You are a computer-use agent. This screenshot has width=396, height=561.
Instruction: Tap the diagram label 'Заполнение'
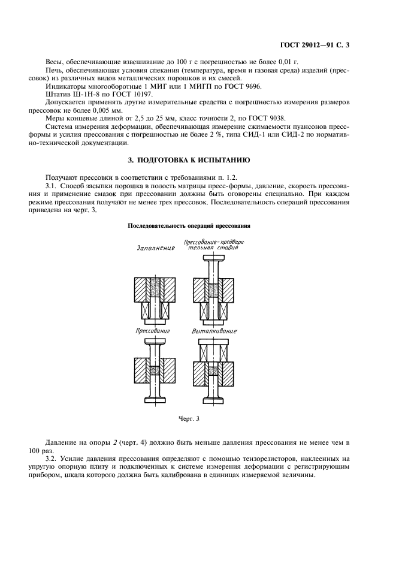(156, 247)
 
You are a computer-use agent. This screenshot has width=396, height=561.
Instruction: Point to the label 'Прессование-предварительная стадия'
(214, 245)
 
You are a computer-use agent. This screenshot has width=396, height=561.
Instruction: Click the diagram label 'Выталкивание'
(214, 331)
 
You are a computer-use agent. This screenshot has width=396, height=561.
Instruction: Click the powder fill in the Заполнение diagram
(155, 288)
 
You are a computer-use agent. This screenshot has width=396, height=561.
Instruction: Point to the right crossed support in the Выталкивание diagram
(223, 351)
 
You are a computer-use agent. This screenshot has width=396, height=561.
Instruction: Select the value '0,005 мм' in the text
(107, 111)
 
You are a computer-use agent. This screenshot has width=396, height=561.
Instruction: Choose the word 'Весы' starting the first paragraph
(55, 62)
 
